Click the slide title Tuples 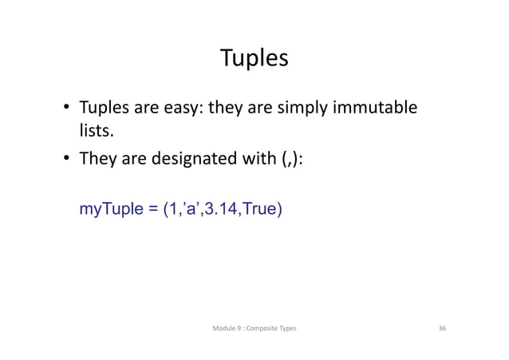tap(254, 59)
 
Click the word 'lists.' tap(94, 133)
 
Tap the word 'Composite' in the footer tap(263, 328)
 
